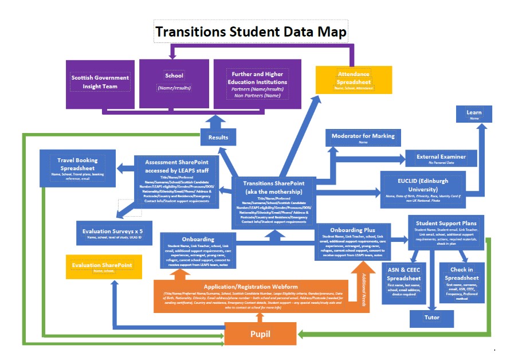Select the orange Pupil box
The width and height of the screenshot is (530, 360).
pos(260,334)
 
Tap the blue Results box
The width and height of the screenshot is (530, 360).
pos(218,137)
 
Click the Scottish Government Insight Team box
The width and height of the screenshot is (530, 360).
pos(100,82)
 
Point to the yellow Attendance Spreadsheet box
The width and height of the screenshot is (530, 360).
pos(354,79)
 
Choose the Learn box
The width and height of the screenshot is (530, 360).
pos(474,114)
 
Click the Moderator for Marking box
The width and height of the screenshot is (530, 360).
pos(363,138)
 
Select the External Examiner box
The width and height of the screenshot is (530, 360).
pos(441,158)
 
